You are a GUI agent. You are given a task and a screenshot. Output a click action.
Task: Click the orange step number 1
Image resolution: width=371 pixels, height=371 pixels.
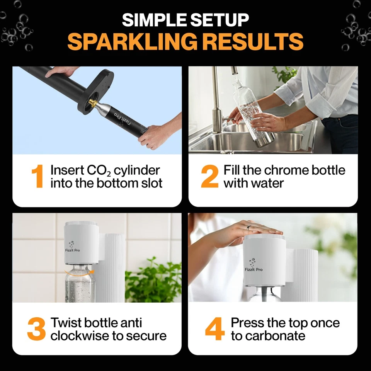tap(37, 176)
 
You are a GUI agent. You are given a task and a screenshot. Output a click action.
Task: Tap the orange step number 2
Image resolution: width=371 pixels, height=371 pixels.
tap(209, 176)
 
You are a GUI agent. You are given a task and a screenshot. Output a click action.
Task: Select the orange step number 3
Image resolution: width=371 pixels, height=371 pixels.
tap(36, 329)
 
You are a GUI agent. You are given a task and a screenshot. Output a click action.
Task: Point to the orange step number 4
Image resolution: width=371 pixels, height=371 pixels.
tap(214, 329)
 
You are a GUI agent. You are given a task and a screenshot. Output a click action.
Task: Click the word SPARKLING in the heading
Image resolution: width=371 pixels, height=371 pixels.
tap(132, 41)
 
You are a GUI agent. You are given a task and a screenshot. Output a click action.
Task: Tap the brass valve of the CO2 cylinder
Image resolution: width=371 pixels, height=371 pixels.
tap(93, 102)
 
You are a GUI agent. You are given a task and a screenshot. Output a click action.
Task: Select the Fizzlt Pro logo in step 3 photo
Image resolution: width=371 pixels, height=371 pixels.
tap(72, 247)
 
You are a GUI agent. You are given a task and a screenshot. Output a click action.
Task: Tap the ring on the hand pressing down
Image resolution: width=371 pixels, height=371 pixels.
tap(248, 228)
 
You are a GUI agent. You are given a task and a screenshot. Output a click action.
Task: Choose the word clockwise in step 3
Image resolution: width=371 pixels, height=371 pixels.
tap(80, 336)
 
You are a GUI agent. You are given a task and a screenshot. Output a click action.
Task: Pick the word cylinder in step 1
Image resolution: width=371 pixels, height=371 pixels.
tap(137, 171)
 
